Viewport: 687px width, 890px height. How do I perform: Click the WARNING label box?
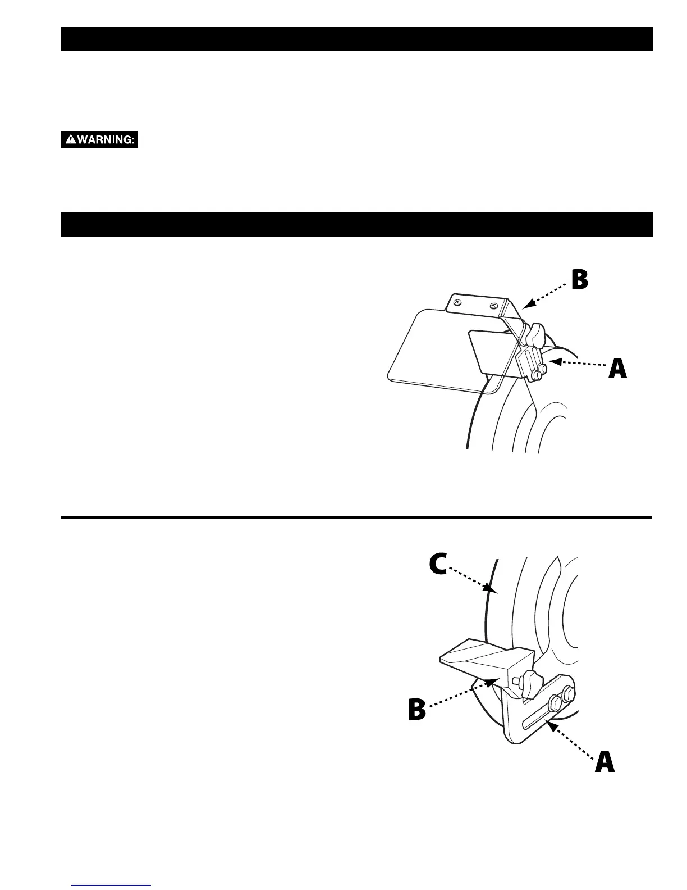coord(99,140)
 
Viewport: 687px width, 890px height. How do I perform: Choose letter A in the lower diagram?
coord(604,763)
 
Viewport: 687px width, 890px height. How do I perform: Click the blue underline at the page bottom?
coord(112,886)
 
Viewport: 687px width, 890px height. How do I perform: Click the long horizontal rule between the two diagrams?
coord(356,517)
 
